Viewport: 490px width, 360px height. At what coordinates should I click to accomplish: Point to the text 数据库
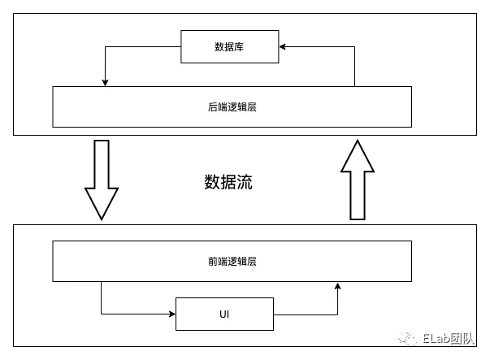pos(229,47)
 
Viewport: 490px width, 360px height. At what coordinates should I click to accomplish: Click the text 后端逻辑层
pos(232,106)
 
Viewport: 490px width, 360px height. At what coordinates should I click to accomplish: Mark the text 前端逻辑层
pos(232,261)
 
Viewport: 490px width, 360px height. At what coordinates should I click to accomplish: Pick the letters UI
pos(224,314)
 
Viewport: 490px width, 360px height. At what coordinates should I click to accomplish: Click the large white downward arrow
pos(102,179)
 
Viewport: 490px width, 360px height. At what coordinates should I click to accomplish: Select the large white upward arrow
pos(358,180)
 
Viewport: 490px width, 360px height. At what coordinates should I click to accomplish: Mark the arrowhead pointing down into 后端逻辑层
pos(106,82)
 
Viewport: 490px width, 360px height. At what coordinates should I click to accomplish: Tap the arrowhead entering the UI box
pos(171,314)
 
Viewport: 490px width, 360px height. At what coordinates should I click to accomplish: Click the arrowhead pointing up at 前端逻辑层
pos(338,286)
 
